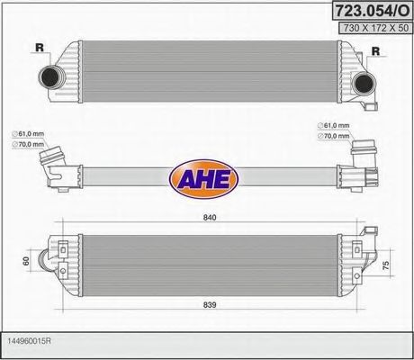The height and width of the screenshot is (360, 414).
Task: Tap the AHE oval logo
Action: (x=206, y=175)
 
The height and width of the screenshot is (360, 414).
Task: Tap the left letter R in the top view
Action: (x=38, y=49)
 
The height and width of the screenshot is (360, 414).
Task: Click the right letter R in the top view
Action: (x=375, y=52)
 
